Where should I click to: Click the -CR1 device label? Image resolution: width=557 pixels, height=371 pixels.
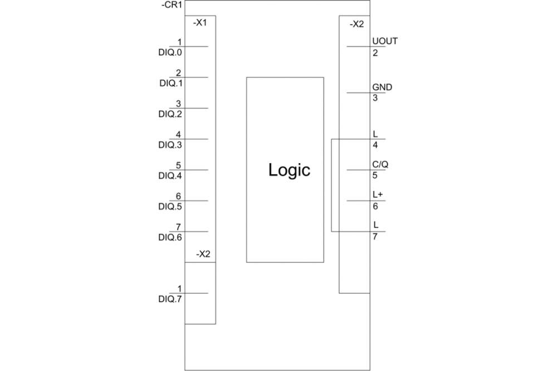[x=172, y=5]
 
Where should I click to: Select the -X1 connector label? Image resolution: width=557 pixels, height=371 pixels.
[x=200, y=23]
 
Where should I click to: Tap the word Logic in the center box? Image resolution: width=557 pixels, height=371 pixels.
[x=289, y=170]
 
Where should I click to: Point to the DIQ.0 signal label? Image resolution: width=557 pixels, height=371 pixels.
[x=170, y=52]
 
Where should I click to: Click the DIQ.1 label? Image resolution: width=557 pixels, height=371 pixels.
[x=171, y=83]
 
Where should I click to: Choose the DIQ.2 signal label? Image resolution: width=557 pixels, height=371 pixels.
[x=170, y=114]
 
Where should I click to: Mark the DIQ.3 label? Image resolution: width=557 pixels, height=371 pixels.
[x=170, y=145]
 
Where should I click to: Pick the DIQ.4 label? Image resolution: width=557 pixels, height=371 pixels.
[x=170, y=176]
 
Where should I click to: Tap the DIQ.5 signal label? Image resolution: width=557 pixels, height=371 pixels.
[x=170, y=207]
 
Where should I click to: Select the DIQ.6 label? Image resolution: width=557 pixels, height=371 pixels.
[x=170, y=237]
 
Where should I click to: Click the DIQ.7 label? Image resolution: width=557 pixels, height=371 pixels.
[x=170, y=299]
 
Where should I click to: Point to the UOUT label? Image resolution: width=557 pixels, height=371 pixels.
[x=385, y=41]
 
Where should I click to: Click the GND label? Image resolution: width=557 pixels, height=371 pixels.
[x=382, y=87]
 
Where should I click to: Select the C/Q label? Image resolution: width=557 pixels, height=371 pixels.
[x=380, y=164]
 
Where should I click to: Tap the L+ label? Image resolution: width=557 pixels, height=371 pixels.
[x=378, y=195]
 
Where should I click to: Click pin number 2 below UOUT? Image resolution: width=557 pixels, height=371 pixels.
[x=375, y=53]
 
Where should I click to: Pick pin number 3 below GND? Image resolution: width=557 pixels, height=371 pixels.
[x=375, y=98]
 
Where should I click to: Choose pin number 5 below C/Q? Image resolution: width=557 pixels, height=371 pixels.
[x=375, y=175]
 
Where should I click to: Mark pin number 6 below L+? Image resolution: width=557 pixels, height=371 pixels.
[x=375, y=207]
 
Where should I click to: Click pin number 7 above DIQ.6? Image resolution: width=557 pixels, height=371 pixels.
[x=178, y=227]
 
